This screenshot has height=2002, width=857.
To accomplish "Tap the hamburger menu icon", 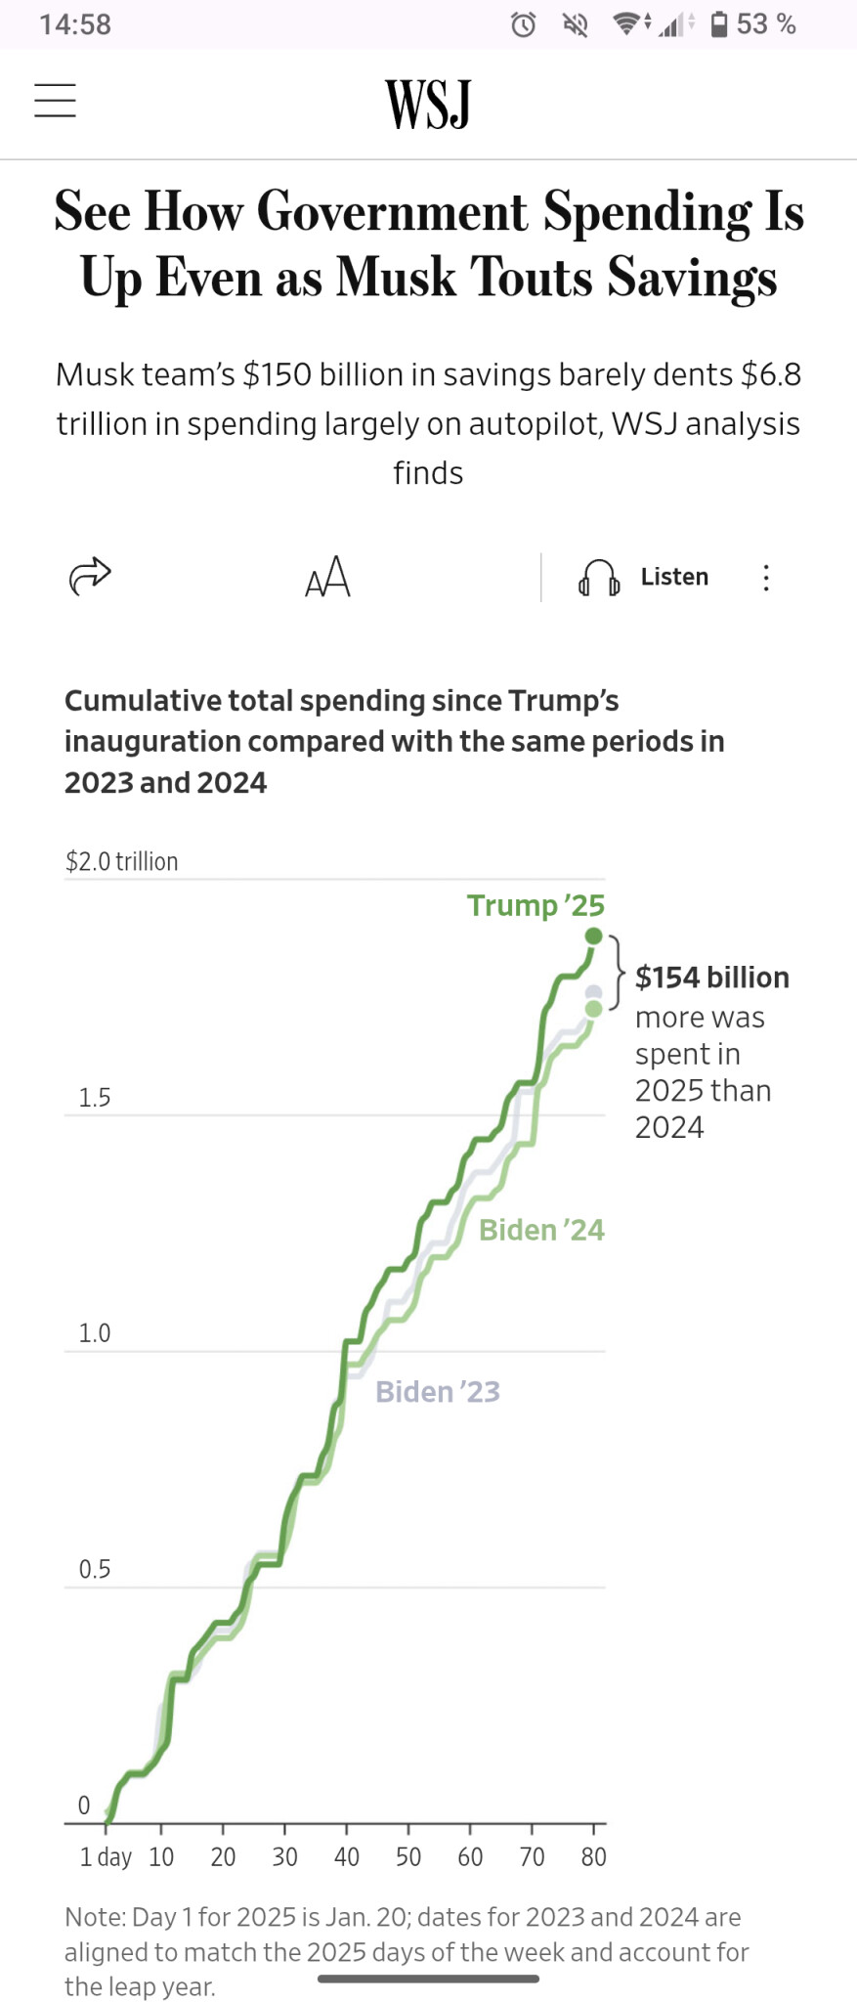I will click(x=55, y=101).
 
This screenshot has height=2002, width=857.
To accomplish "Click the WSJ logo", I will click(x=428, y=104).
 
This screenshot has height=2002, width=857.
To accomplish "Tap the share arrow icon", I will click(x=90, y=576).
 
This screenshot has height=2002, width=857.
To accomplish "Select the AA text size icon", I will click(x=327, y=577).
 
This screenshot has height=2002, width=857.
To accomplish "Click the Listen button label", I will click(x=674, y=577).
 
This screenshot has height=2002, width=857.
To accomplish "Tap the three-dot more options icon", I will click(x=766, y=578).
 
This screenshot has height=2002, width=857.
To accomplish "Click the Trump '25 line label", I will click(x=536, y=905).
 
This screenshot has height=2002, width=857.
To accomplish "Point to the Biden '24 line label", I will click(x=541, y=1230).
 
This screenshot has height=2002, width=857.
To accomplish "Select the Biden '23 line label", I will click(x=438, y=1391).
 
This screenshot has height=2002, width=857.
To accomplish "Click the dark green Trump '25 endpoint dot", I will click(x=593, y=936).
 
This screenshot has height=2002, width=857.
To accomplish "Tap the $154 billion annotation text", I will click(x=712, y=978).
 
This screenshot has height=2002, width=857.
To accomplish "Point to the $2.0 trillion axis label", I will click(x=122, y=861).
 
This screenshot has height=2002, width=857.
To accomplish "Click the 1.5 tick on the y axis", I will click(x=95, y=1098).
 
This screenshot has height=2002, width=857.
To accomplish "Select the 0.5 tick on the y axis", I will click(x=95, y=1569).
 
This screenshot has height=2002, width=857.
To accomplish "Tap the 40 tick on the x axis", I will click(x=347, y=1856).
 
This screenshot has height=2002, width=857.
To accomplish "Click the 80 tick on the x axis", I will click(x=593, y=1856).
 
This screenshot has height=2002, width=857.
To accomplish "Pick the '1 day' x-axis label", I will click(x=106, y=1856).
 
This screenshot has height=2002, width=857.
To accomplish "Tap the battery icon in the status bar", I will click(x=719, y=24).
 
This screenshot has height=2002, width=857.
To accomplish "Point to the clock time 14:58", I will click(x=75, y=24).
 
